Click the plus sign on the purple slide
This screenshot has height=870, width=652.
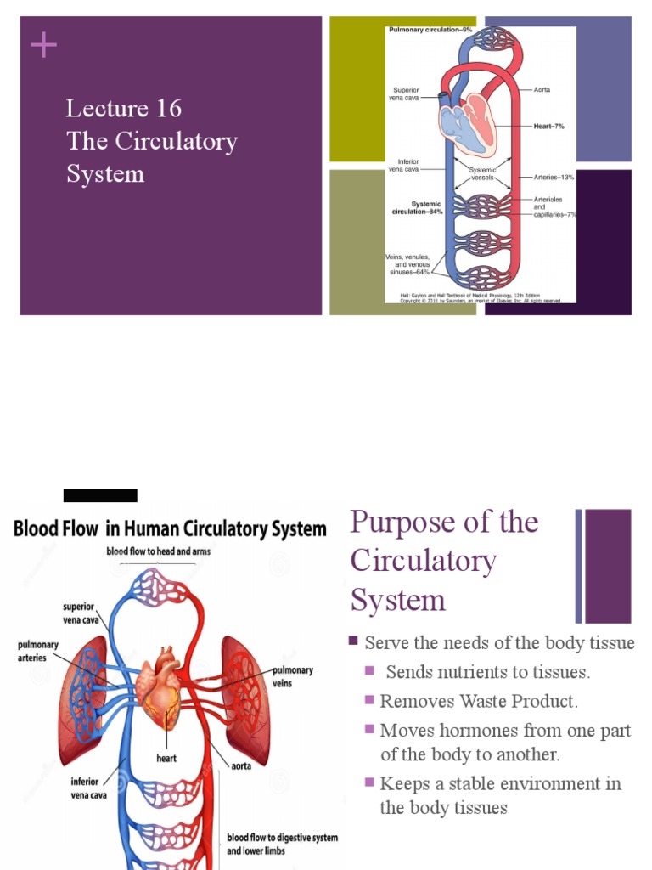43,45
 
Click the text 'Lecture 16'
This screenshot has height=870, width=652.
124,109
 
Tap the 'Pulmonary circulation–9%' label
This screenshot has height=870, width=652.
430,30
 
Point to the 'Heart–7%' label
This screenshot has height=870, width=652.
548,126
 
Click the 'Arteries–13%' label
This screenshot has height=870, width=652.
554,178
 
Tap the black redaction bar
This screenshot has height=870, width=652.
100,496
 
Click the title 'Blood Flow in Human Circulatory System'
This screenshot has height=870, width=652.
170,528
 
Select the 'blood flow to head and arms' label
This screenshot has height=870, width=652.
158,551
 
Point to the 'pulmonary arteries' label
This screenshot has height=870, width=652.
38,651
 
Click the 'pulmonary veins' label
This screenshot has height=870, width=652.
292,676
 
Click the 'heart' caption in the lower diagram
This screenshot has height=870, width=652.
166,758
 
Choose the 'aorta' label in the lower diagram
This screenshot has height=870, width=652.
241,765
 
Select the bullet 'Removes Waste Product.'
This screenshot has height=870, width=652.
479,702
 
